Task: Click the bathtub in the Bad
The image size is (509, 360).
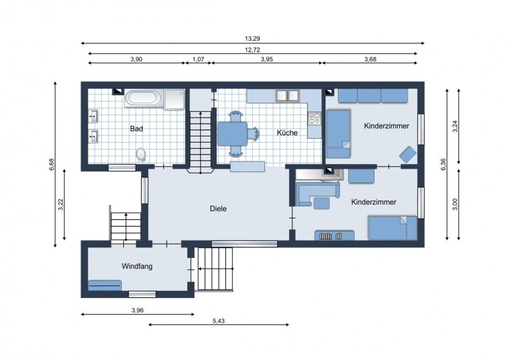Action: [x=143, y=98]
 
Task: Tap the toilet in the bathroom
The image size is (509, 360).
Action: [x=141, y=154]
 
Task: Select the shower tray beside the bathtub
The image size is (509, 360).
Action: [x=174, y=99]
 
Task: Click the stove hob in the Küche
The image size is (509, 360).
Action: [x=314, y=118]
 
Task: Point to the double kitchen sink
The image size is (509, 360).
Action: [x=288, y=96]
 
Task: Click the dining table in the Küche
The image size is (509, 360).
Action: [x=232, y=134]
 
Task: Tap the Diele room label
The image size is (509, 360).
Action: [x=218, y=208]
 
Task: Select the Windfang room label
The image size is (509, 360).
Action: [x=137, y=267]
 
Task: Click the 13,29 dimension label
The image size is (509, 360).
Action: [x=252, y=38]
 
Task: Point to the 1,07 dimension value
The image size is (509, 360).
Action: [x=198, y=59]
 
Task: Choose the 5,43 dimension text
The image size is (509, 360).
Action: [x=219, y=321]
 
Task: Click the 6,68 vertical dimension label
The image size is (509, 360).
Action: [x=51, y=164]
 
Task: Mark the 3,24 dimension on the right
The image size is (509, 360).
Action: [x=455, y=126]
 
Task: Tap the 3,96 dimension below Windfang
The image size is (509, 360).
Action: [x=137, y=310]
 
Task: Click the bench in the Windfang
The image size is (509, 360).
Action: [x=105, y=285]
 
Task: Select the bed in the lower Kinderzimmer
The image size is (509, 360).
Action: [x=392, y=228]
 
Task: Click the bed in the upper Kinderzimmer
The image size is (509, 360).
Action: [x=338, y=134]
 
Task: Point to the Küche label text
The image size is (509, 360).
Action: [x=287, y=132]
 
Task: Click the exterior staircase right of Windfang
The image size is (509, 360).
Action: [x=216, y=269]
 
